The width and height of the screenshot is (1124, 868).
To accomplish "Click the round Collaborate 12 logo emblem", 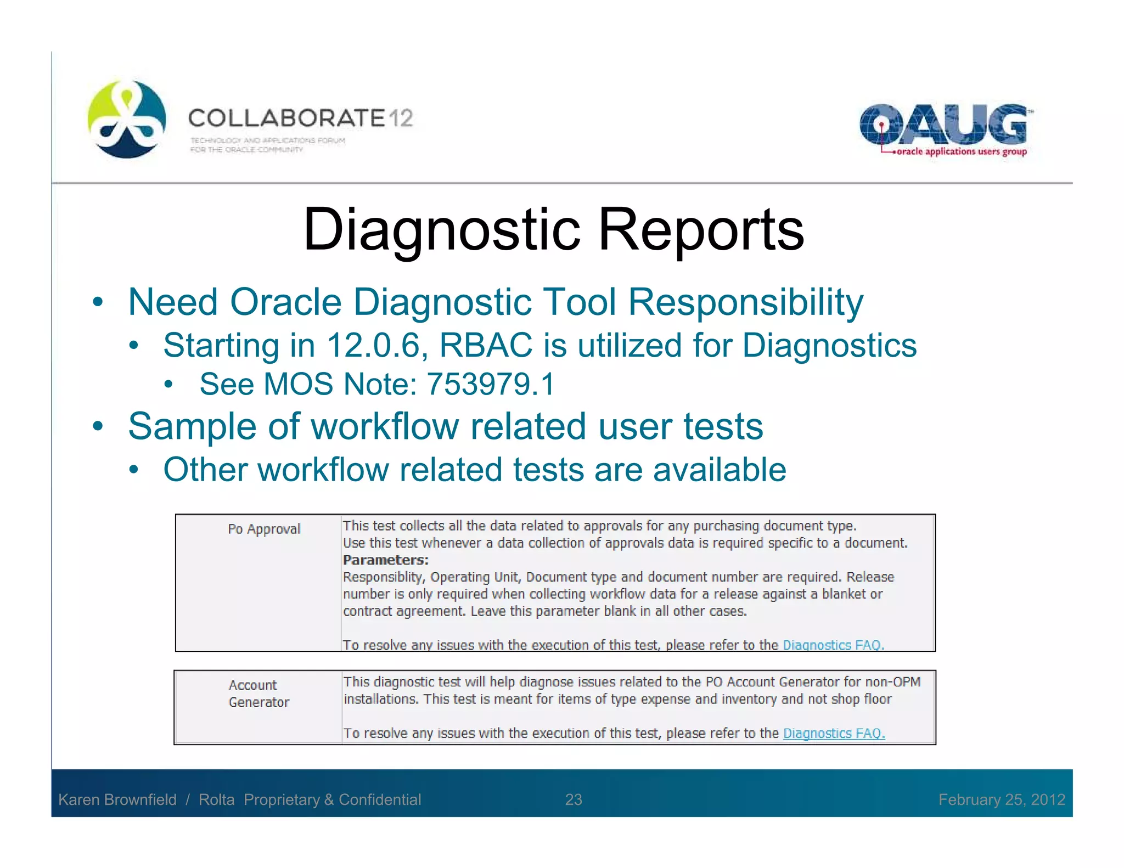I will tap(127, 119).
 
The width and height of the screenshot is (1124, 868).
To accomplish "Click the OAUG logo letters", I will tap(943, 125).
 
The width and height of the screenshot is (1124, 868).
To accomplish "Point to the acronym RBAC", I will tap(486, 346).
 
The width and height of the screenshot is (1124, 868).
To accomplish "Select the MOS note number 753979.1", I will tap(491, 384).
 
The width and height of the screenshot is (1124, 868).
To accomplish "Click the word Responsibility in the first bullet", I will tap(745, 302).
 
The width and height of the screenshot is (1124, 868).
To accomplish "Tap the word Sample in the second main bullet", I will tap(192, 426).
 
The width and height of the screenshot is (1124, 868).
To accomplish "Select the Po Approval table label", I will tap(264, 529).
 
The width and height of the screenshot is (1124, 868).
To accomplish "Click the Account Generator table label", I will tap(258, 694).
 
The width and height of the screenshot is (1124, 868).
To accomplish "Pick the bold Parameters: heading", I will tap(385, 560).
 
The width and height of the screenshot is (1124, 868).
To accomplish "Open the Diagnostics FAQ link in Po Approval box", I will tap(833, 645).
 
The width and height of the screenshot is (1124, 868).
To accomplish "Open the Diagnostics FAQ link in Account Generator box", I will tap(834, 733).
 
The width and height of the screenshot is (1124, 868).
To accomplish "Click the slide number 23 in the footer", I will tap(574, 799).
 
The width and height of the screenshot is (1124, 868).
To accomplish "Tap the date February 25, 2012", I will tap(1001, 799).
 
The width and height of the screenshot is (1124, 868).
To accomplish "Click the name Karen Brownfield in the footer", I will tap(117, 799).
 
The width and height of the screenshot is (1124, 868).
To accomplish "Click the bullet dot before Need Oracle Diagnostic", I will tap(98, 302).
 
